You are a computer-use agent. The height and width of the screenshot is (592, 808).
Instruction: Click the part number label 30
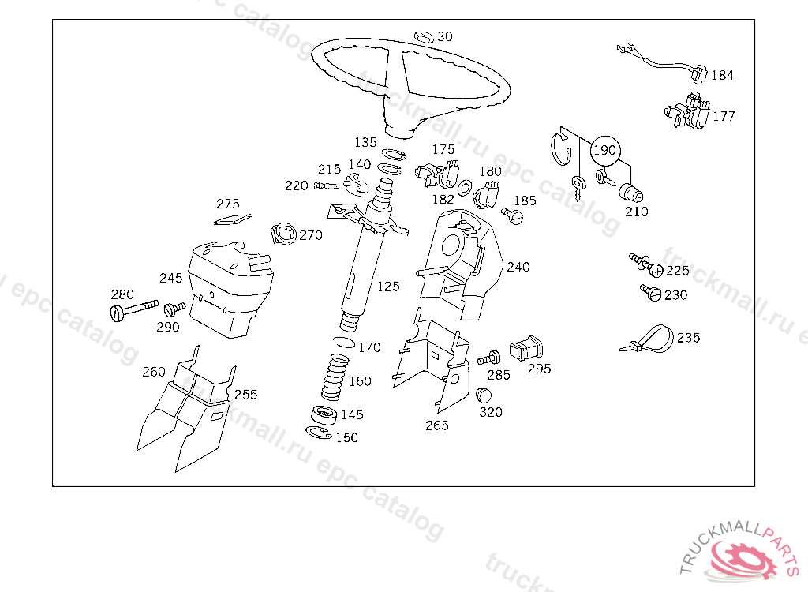click(445, 36)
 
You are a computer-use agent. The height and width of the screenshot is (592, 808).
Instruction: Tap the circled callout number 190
click(604, 150)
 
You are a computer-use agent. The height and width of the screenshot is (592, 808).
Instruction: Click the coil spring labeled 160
click(335, 377)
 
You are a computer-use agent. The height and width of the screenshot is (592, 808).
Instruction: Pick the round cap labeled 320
click(484, 394)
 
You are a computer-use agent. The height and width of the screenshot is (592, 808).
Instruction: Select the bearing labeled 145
click(324, 414)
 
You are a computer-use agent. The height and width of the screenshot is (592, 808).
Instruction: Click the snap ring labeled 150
click(317, 432)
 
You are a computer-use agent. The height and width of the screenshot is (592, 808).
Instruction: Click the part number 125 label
click(388, 287)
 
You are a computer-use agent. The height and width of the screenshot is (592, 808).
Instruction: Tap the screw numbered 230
click(652, 293)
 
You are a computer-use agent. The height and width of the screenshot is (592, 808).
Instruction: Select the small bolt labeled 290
click(174, 307)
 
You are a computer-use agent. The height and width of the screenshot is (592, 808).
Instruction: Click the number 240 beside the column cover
click(518, 267)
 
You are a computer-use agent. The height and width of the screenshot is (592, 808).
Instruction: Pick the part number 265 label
click(436, 425)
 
